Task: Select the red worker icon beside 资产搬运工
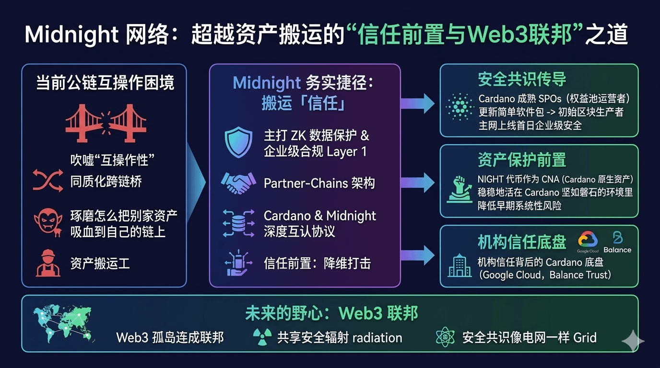click(47, 263)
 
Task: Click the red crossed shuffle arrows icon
click(47, 181)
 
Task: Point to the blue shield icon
click(238, 143)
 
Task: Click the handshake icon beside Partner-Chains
click(238, 183)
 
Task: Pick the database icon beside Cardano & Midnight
click(238, 223)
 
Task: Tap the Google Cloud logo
click(588, 241)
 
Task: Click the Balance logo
click(617, 242)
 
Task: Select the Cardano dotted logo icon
click(460, 106)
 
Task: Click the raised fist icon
click(460, 189)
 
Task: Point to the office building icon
click(460, 266)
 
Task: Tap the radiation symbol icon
click(262, 337)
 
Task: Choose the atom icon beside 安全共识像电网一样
click(445, 337)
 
